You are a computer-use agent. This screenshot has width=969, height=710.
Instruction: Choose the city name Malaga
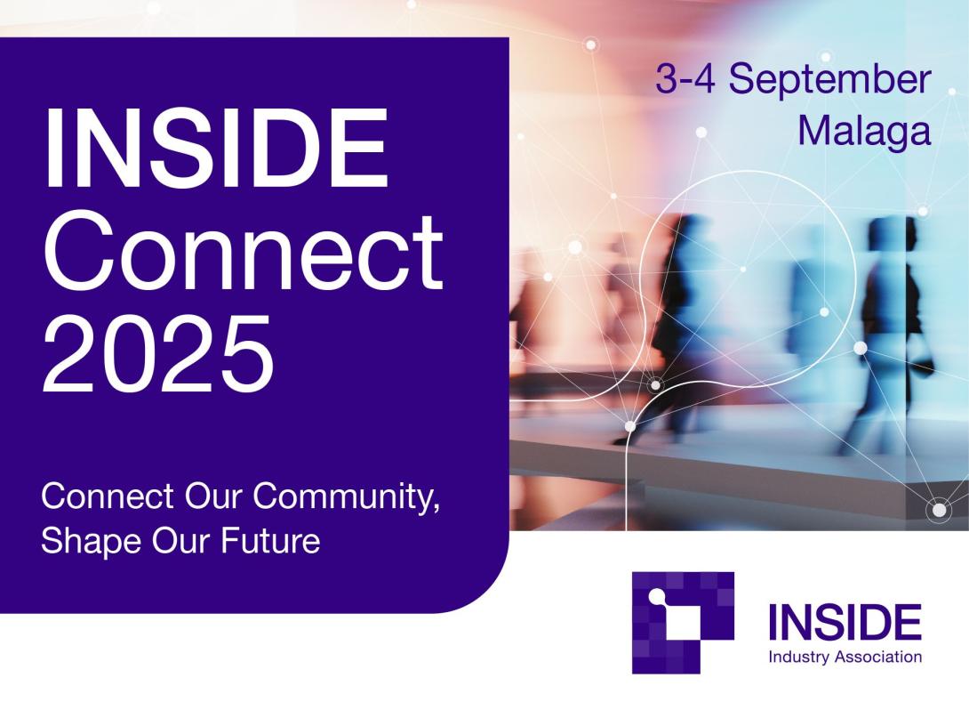click(863, 131)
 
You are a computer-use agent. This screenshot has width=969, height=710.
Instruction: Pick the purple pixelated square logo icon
click(682, 621)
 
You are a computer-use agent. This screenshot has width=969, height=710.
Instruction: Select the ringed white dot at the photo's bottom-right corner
click(939, 510)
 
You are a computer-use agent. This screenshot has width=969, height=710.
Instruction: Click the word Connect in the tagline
click(107, 496)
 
